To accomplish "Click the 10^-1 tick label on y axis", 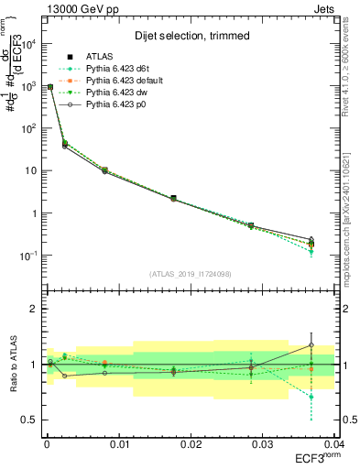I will click(x=27, y=256).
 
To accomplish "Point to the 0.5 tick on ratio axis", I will click(x=29, y=420).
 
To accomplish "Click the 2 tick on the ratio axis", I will click(x=33, y=309).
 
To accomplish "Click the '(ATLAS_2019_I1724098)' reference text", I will click(x=190, y=274).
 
